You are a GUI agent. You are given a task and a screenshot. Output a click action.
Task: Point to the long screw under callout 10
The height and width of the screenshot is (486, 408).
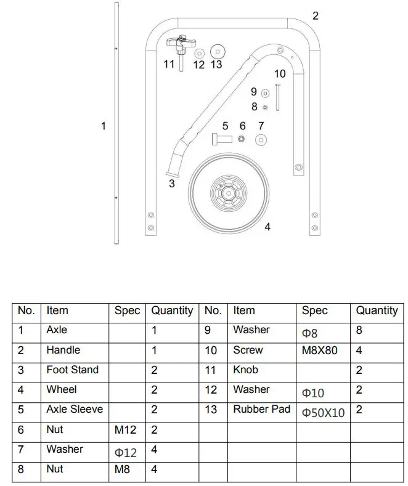click(x=279, y=96)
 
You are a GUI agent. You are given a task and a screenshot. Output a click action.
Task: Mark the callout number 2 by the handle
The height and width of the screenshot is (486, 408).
click(x=316, y=16)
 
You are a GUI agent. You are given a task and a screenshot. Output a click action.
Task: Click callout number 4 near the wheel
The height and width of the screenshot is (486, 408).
click(x=267, y=227)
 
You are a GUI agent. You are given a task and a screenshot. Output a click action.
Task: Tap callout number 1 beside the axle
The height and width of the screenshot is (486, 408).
click(x=104, y=126)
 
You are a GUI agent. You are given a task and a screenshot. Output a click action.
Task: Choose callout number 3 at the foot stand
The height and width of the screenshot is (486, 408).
click(x=172, y=183)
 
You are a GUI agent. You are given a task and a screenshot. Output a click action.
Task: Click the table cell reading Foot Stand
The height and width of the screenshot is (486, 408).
click(x=72, y=370)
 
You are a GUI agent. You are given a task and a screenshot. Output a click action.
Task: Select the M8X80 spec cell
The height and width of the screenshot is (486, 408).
click(x=320, y=350)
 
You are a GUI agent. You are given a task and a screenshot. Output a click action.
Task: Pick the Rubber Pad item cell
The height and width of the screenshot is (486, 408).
click(x=261, y=409)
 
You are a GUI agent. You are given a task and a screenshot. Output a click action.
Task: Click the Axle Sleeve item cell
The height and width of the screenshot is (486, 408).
click(x=75, y=409)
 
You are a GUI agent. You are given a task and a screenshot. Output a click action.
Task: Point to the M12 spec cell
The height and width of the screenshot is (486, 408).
click(x=126, y=429)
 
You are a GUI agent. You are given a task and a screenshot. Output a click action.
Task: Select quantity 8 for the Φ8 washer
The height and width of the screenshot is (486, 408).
click(x=359, y=330)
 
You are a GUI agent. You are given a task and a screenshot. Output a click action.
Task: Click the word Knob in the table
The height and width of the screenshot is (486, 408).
click(x=245, y=370)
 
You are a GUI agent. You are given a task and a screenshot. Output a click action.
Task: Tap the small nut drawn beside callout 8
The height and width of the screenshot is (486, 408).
click(x=265, y=107)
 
